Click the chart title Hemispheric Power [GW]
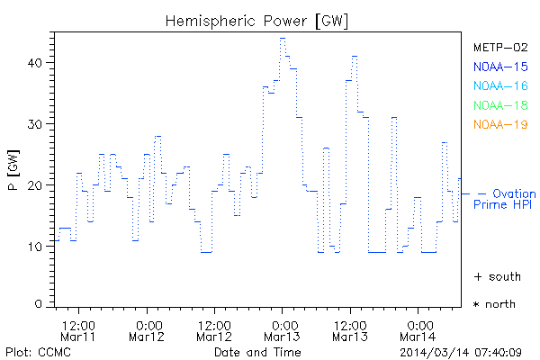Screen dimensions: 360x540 tap(257, 19)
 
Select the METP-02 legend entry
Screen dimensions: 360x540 tap(500, 47)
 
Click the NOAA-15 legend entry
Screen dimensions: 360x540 tap(500, 66)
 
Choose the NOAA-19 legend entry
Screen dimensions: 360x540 tap(500, 124)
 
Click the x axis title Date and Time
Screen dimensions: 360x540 tap(257, 351)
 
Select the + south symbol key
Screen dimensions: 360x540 tap(494, 275)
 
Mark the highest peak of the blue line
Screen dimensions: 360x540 tap(283, 38)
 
